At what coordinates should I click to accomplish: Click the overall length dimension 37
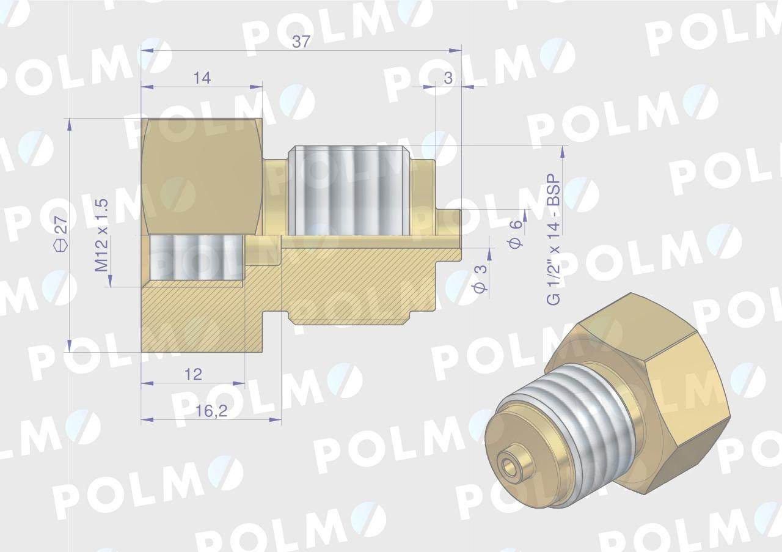[x=301, y=42]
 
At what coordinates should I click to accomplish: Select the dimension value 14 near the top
[x=202, y=78]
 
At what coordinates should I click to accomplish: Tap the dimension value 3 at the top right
[x=448, y=78]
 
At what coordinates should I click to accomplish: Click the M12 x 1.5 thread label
[x=101, y=235]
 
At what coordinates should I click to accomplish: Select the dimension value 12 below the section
[x=193, y=374]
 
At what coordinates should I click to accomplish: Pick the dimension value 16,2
[x=211, y=411]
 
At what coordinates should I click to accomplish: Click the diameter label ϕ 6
[x=516, y=233]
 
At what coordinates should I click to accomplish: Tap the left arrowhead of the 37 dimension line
[x=145, y=51]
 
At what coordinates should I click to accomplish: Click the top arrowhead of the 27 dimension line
[x=70, y=123]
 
